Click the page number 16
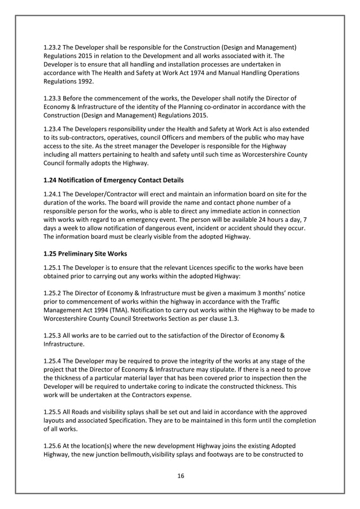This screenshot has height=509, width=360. (181, 476)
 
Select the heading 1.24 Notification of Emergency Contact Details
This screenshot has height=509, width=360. (113, 180)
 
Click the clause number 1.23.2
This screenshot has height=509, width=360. (54, 46)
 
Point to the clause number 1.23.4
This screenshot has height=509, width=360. (54, 129)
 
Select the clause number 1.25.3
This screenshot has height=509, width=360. (54, 336)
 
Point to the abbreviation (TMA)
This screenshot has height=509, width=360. (137, 310)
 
